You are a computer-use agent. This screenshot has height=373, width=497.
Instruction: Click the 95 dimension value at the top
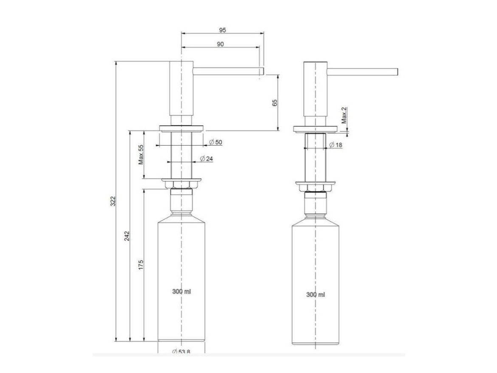(223, 30)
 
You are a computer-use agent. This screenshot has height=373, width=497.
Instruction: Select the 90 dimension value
(220, 44)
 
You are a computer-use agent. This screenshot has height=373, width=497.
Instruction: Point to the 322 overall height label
(113, 201)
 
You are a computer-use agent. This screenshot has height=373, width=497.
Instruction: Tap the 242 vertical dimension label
(127, 236)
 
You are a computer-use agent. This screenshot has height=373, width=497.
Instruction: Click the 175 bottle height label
(141, 265)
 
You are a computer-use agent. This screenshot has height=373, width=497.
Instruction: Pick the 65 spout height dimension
(275, 103)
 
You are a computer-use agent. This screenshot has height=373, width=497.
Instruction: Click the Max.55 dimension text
(141, 155)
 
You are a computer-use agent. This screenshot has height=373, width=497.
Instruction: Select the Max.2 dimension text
(344, 116)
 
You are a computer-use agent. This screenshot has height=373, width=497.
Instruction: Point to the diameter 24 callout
(206, 158)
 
